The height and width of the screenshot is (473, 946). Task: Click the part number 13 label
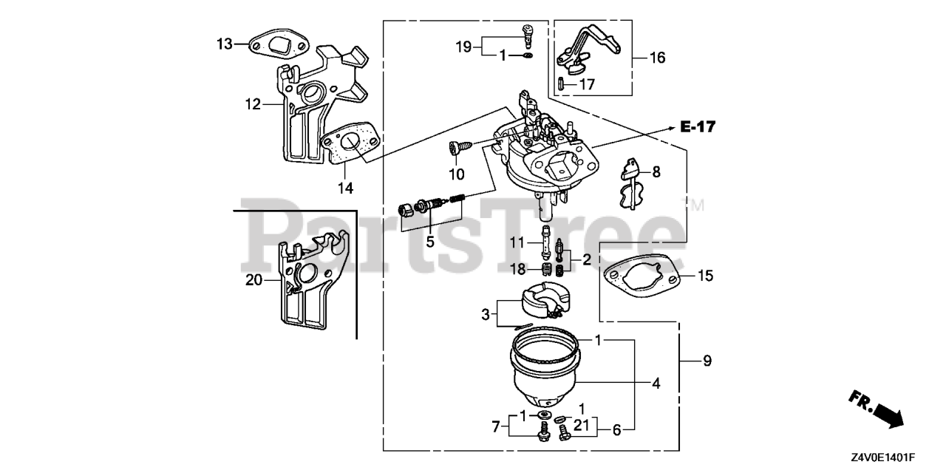(224, 44)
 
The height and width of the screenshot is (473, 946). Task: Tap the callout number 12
(253, 105)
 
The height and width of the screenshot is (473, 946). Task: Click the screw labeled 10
(455, 149)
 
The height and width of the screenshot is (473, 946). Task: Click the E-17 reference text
(698, 128)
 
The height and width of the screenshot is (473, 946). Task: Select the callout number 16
(657, 58)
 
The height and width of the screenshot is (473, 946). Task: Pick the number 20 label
(253, 279)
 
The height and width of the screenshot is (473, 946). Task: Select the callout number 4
(656, 384)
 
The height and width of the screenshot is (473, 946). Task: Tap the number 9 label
(707, 361)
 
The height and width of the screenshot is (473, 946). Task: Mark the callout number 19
(463, 47)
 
